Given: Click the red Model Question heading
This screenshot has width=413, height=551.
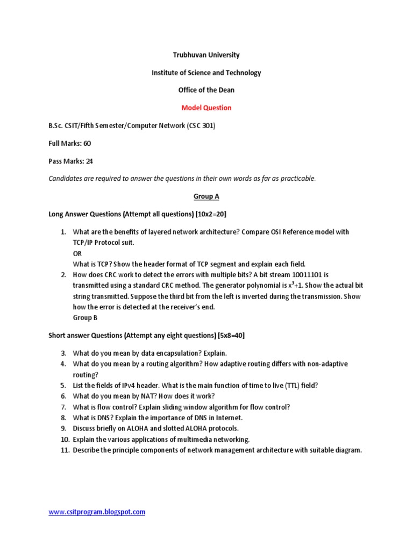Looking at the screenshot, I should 206,108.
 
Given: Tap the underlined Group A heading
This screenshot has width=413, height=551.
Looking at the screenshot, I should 206,196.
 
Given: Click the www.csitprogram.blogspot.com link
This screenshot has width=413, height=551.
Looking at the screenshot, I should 97,512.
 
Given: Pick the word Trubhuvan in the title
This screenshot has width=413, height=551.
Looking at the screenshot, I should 188,55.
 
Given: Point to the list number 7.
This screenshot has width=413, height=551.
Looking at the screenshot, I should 63,407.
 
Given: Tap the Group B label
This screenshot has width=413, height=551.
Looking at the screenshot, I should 85,317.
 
